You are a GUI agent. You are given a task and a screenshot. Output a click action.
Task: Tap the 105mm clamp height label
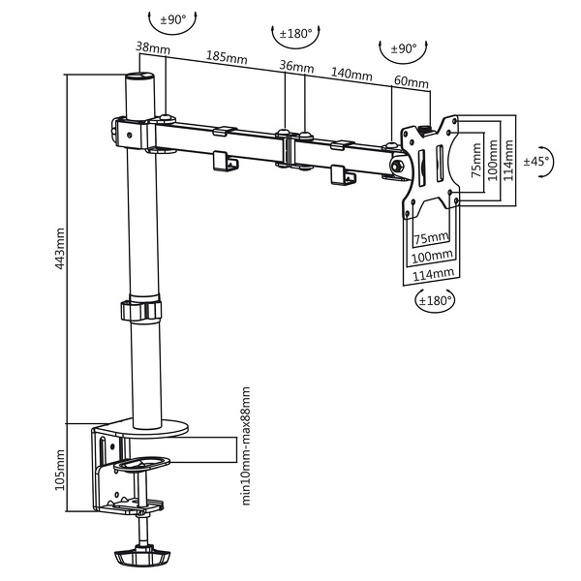[x=60, y=470]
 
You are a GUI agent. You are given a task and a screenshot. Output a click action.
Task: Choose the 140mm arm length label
[x=352, y=75]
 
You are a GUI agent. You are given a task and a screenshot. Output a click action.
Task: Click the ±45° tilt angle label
[x=535, y=162]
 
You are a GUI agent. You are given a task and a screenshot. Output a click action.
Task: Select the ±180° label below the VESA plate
[x=435, y=300]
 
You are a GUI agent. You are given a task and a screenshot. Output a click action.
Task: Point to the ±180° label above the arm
[x=295, y=34]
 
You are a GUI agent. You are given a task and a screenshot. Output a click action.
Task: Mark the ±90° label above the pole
[x=171, y=19]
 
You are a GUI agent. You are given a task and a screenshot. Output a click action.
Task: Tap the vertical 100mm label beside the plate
[x=491, y=161]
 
